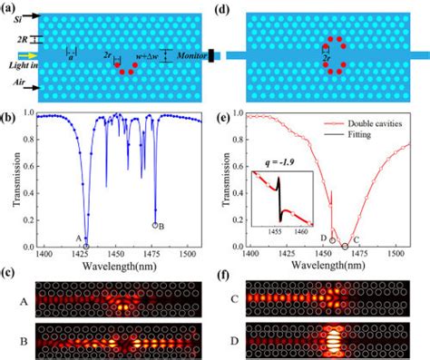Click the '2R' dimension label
pos(13,40)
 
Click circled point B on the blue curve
pos(155,225)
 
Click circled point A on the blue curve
pos(86,245)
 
